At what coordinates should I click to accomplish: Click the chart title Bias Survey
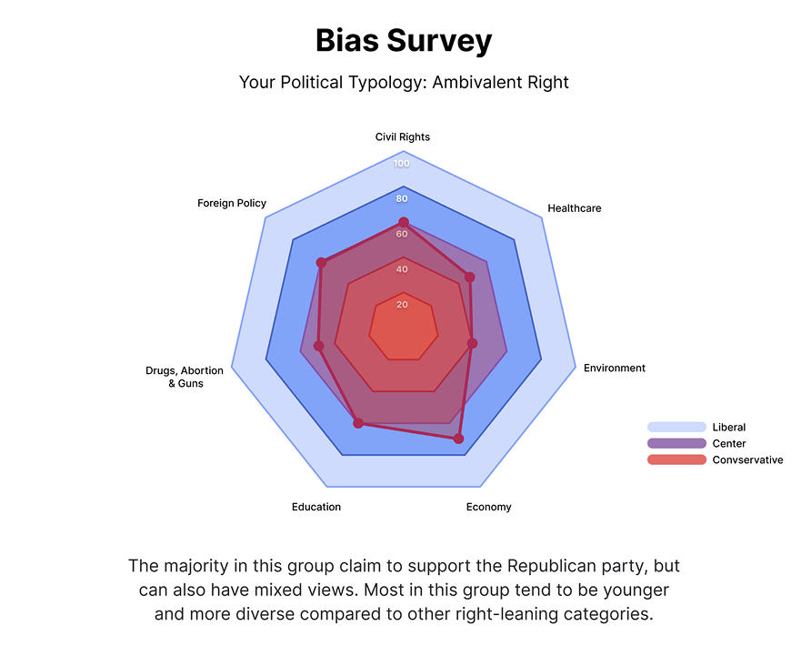[x=404, y=41]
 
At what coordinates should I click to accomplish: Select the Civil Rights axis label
[x=403, y=137]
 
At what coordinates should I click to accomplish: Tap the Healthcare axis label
[x=574, y=208]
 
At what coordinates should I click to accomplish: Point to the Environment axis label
[x=615, y=368]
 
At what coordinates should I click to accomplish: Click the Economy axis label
[x=488, y=507]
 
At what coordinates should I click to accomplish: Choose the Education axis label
[x=316, y=507]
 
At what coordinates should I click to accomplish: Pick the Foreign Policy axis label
[x=232, y=203]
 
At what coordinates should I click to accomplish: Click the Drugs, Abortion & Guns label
[x=185, y=377]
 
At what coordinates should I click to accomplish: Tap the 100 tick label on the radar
[x=402, y=164]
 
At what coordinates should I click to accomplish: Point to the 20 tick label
[x=402, y=305]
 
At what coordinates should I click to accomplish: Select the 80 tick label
[x=402, y=198]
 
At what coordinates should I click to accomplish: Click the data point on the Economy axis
[x=458, y=439]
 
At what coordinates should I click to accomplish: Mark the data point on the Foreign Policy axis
[x=321, y=263]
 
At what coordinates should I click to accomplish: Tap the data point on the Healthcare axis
[x=470, y=277]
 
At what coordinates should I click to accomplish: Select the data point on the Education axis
[x=358, y=423]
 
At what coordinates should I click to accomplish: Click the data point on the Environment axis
[x=472, y=344]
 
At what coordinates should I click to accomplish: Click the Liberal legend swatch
[x=676, y=427]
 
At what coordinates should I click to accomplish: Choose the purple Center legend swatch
[x=676, y=443]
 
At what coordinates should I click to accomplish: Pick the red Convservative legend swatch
[x=676, y=459]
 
